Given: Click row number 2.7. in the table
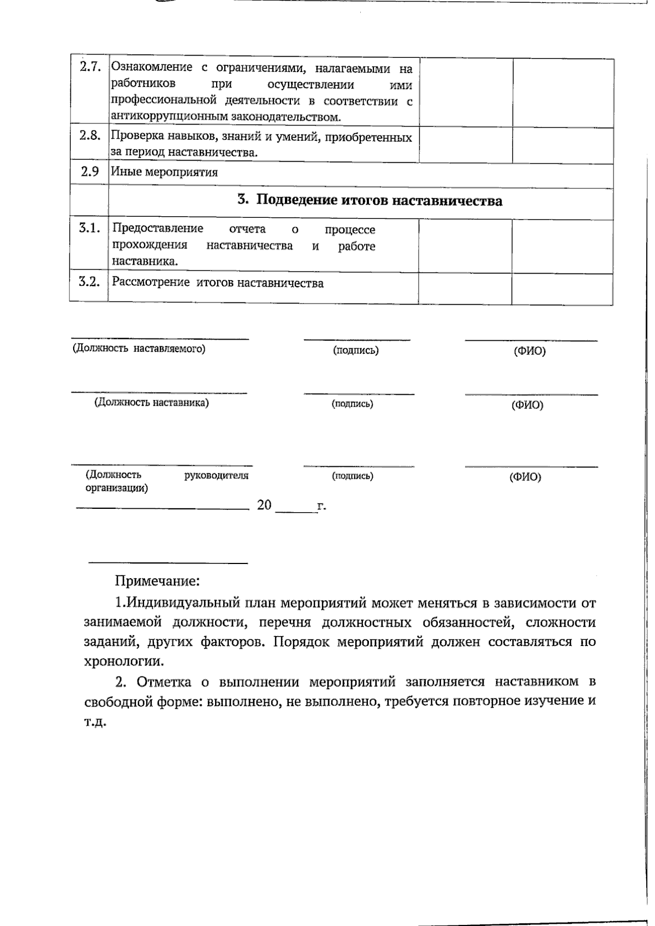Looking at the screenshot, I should click(90, 68).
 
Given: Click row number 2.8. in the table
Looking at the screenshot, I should click(90, 136).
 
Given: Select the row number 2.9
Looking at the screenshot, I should click(90, 171).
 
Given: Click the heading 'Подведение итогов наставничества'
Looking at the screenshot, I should click(379, 200).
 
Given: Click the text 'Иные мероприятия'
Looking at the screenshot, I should click(164, 173).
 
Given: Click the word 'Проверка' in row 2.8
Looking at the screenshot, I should click(134, 137).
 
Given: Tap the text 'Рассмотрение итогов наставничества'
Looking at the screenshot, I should click(217, 283).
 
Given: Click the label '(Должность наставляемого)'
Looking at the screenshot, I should click(139, 348).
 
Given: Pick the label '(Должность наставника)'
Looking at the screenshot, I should click(151, 402).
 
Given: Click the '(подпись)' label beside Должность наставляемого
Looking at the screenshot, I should click(355, 351).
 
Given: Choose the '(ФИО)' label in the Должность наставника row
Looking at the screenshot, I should click(527, 405).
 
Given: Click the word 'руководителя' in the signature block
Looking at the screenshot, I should click(217, 475).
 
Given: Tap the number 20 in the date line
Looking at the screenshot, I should click(264, 505).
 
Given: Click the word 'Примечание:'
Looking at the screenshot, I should click(157, 580).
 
